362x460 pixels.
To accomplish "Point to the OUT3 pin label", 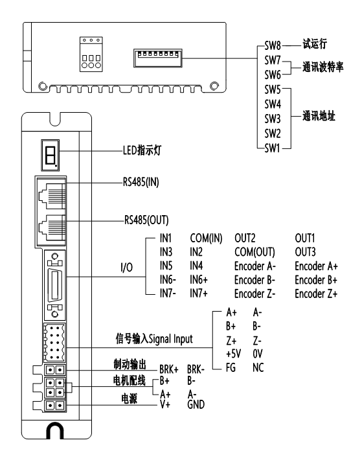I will coord(305,254).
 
